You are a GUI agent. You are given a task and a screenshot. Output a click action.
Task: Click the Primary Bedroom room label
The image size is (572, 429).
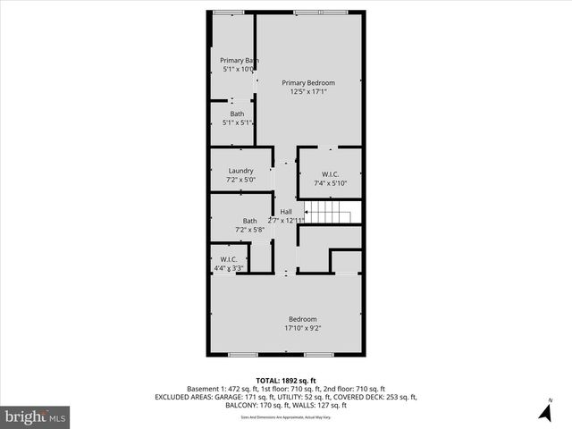[x=308, y=82]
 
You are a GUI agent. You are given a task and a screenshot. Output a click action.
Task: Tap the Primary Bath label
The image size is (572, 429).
[x=240, y=60]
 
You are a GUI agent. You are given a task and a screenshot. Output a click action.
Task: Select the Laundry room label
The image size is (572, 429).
[x=240, y=171]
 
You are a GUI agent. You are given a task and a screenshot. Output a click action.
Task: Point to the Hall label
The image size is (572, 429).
[x=286, y=212]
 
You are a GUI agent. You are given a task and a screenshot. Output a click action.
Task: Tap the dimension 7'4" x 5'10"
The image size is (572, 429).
[x=330, y=183]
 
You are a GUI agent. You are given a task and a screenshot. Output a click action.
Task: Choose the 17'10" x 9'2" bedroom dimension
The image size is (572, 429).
[x=302, y=328]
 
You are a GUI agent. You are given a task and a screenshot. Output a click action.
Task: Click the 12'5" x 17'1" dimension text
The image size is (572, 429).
[x=308, y=91]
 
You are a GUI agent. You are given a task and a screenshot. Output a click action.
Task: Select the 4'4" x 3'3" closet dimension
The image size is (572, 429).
[x=228, y=268]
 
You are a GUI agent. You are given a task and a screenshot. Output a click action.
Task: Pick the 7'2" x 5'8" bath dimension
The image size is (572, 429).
[x=249, y=230]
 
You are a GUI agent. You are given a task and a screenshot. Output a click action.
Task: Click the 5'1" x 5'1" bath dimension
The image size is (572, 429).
[x=237, y=122]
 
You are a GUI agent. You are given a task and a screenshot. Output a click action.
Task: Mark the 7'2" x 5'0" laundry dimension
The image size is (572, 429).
[x=240, y=180]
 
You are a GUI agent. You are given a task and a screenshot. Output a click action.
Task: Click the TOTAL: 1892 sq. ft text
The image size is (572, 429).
[x=285, y=381]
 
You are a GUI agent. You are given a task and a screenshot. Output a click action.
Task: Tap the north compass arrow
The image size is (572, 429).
[x=544, y=414]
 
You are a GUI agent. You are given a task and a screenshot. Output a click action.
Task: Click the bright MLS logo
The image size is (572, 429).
[x=36, y=416]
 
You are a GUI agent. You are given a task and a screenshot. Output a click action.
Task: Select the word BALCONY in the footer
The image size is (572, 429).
[x=248, y=404]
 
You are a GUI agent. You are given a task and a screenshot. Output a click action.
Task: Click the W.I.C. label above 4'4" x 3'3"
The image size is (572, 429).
[x=228, y=259]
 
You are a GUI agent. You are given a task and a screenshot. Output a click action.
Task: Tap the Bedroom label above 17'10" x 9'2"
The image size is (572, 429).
[x=302, y=319]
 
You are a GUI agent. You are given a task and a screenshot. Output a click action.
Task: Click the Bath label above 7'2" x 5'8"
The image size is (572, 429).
[x=249, y=221]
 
